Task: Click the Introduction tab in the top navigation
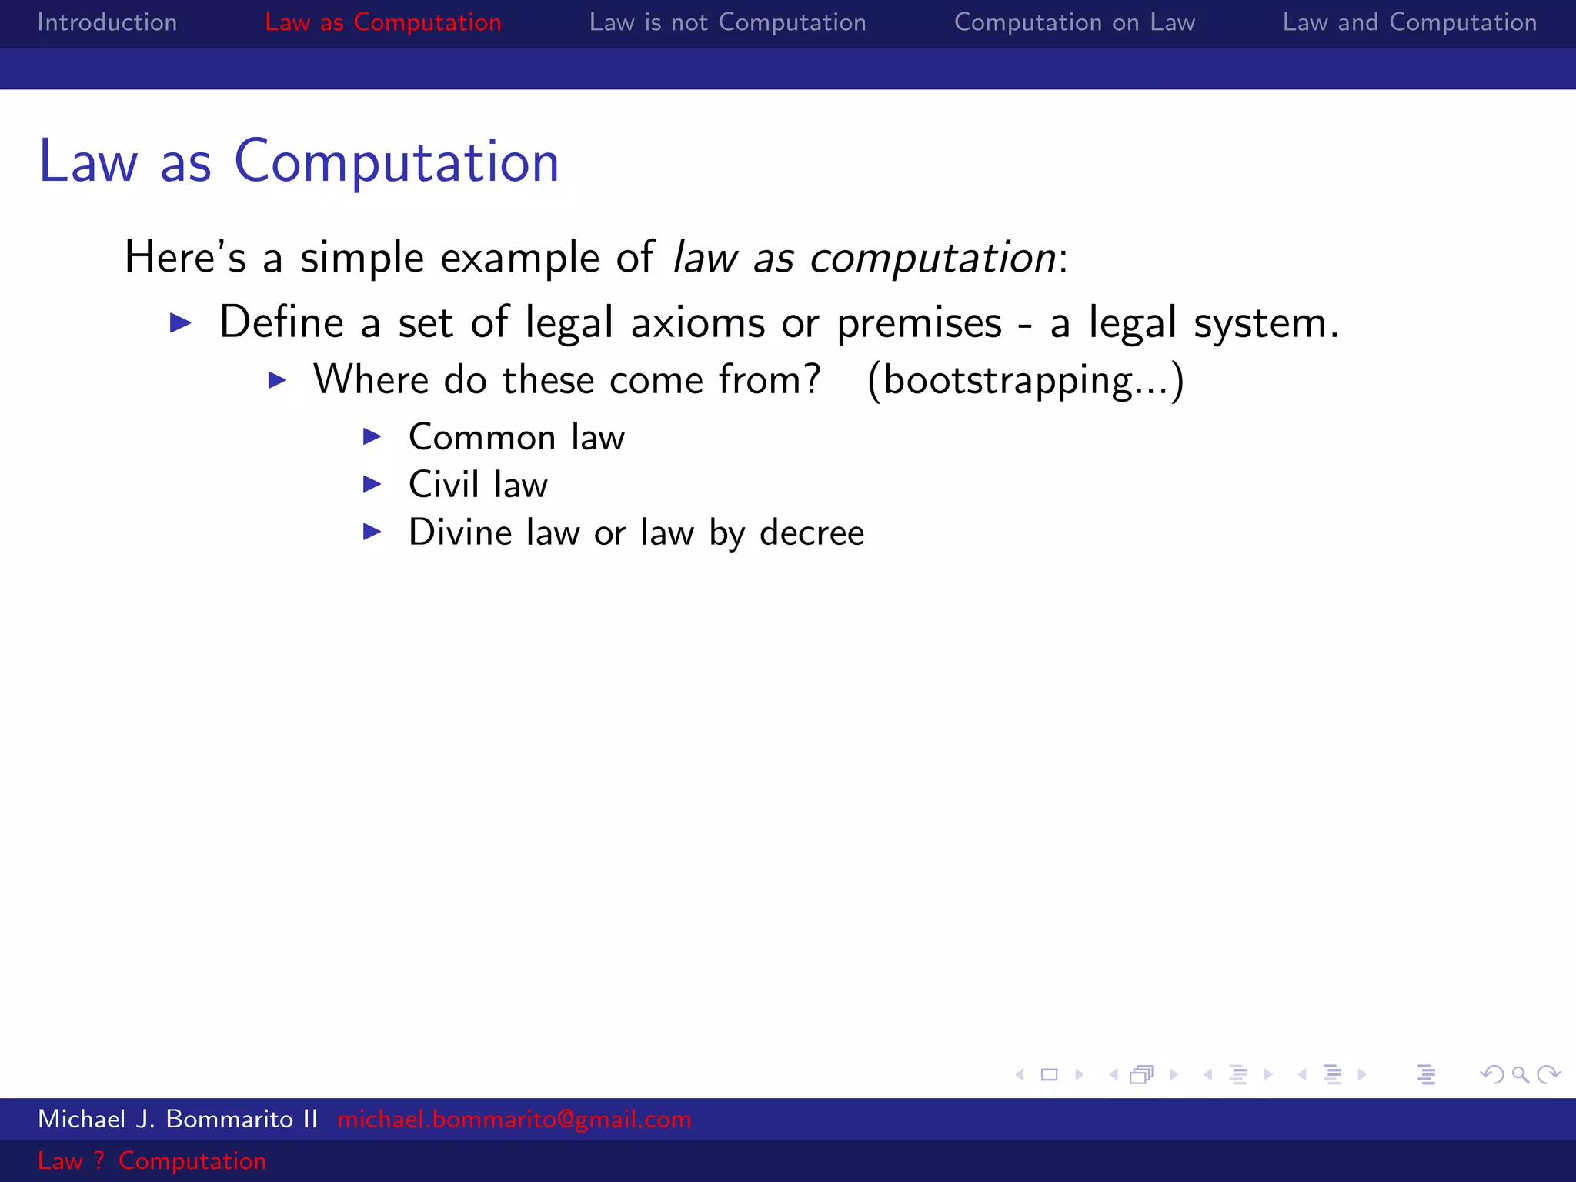click(107, 22)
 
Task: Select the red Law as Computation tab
click(382, 22)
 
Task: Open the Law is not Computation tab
click(727, 22)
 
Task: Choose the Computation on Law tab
click(1074, 22)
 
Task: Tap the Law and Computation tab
click(1409, 22)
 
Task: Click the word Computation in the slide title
click(396, 162)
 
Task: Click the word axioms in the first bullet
click(698, 322)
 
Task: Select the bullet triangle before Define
click(181, 322)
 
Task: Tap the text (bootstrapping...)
click(1026, 380)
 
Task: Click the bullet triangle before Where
click(277, 380)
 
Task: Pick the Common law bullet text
click(516, 437)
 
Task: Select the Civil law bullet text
click(478, 485)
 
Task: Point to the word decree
click(812, 533)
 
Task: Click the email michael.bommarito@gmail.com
click(514, 1119)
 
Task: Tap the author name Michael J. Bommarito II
click(178, 1119)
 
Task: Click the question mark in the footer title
click(99, 1160)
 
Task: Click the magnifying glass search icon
click(1520, 1074)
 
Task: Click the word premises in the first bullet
click(919, 322)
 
